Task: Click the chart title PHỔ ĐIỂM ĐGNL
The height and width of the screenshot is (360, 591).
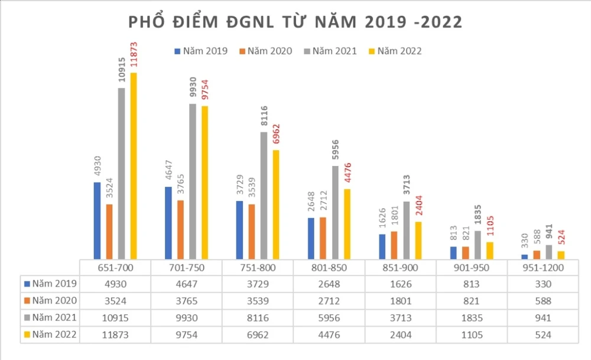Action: [x=295, y=22]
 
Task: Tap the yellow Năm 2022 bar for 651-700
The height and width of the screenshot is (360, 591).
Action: [x=133, y=166]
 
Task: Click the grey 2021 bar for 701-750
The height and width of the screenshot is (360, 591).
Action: [x=193, y=181]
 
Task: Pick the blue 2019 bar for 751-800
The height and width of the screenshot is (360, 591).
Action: [x=239, y=229]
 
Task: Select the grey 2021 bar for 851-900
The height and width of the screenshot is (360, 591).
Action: [x=406, y=230]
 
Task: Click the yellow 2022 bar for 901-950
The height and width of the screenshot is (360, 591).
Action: [x=489, y=250]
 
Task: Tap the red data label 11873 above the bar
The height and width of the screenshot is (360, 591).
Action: [x=134, y=55]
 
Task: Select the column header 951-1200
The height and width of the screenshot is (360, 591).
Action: [x=542, y=268]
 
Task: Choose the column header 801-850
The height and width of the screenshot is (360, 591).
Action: [x=329, y=268]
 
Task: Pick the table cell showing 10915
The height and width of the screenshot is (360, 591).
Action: [x=115, y=317]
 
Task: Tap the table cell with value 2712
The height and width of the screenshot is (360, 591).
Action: [x=329, y=300]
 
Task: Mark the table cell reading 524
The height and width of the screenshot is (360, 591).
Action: [x=542, y=335]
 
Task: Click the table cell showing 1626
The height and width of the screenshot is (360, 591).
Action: [x=400, y=284]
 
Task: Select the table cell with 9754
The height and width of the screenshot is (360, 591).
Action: [x=186, y=335]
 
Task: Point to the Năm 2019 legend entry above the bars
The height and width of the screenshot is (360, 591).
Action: [x=202, y=51]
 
